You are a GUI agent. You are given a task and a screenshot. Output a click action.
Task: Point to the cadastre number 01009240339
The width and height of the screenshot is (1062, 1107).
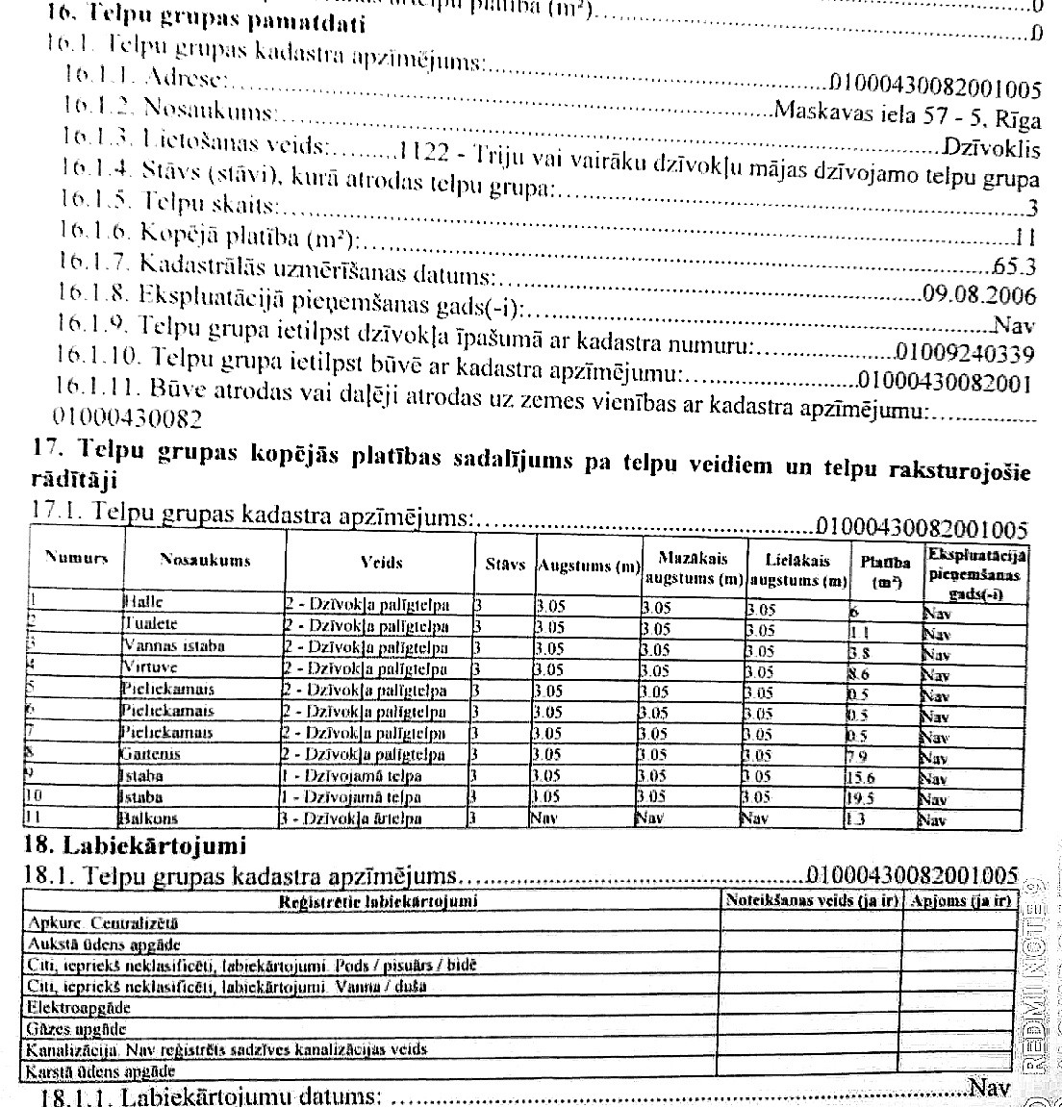pyautogui.click(x=965, y=354)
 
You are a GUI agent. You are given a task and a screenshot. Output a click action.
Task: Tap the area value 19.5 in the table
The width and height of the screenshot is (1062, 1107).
pyautogui.click(x=860, y=798)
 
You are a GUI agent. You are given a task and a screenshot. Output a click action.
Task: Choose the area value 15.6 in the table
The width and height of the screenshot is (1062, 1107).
pyautogui.click(x=860, y=777)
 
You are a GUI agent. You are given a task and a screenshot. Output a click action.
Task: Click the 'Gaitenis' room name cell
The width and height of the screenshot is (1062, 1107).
pyautogui.click(x=152, y=754)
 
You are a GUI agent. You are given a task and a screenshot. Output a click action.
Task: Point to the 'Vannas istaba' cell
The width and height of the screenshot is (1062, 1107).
pyautogui.click(x=160, y=646)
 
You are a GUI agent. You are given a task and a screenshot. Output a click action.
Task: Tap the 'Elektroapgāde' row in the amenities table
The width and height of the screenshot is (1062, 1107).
pyautogui.click(x=79, y=1008)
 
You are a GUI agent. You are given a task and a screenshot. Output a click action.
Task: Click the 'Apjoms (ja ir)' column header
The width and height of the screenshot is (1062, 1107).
pyautogui.click(x=960, y=900)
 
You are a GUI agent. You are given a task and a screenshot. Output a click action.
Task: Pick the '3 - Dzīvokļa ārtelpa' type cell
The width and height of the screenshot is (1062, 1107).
pyautogui.click(x=352, y=819)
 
